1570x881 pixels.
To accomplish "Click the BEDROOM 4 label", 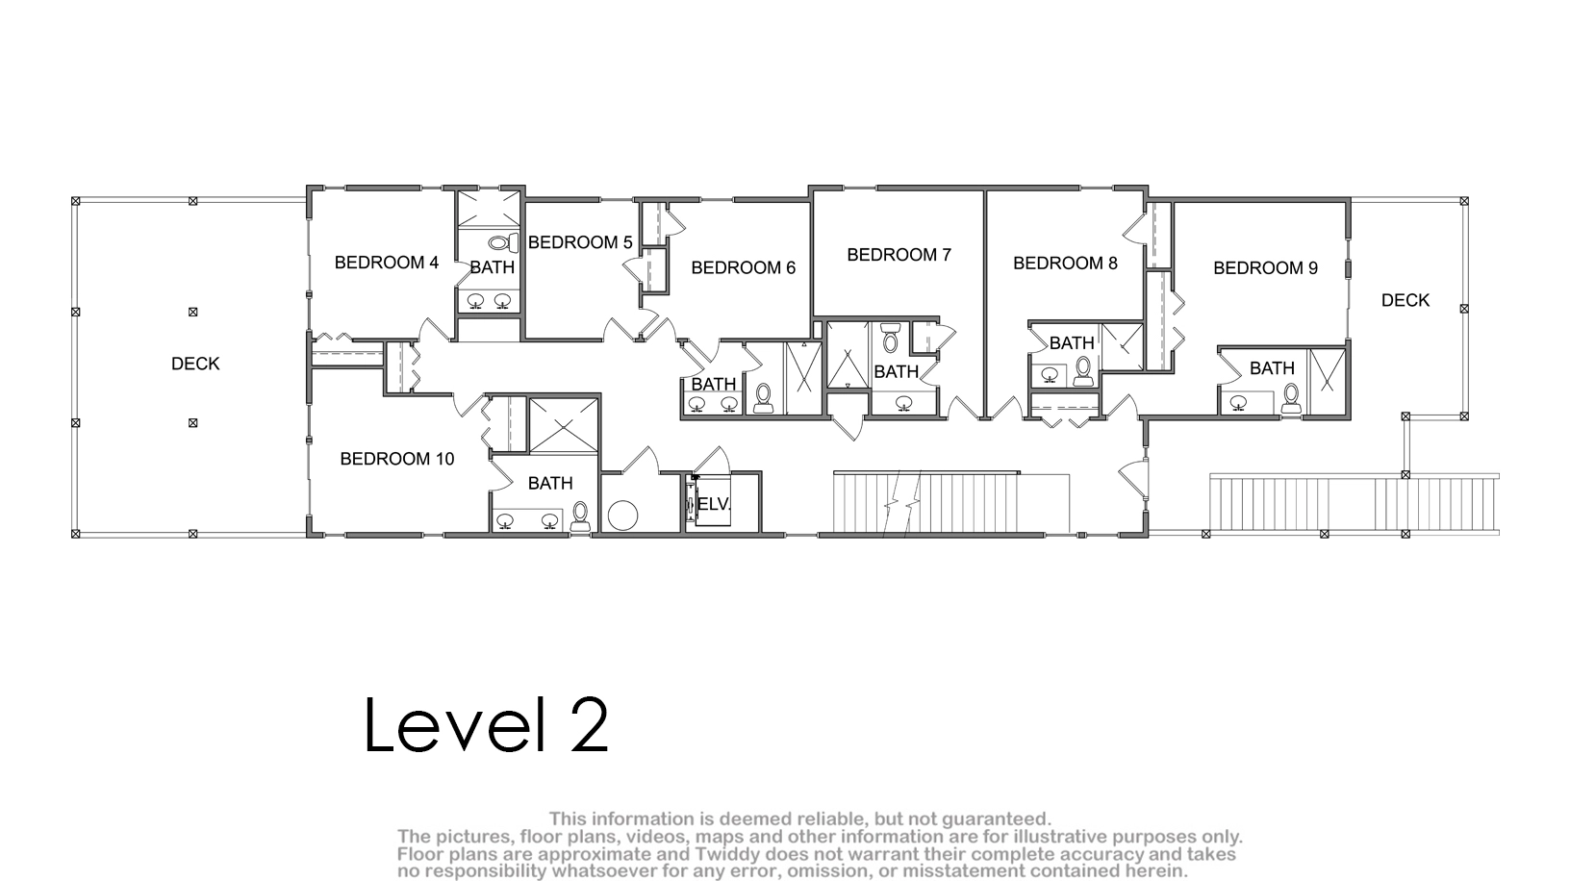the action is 386,263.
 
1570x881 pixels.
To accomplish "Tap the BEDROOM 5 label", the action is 580,242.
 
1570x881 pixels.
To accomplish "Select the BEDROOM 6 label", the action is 744,267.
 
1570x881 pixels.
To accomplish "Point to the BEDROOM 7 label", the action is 899,255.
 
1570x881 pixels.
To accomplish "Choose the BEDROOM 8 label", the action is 1065,264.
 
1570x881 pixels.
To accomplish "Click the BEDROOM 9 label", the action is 1266,268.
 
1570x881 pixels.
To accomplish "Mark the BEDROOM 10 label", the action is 397,459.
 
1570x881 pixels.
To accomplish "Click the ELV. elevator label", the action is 714,504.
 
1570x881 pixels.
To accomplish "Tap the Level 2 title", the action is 487,724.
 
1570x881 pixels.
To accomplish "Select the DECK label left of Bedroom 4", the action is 195,364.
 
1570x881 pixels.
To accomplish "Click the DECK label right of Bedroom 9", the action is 1405,301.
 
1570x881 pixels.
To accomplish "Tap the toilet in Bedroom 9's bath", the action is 1291,399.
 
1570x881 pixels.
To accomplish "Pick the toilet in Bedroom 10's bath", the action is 580,516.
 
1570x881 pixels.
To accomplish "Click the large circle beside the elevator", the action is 622,516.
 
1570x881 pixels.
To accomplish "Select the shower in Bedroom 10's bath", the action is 564,425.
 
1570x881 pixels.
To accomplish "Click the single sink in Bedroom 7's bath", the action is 904,402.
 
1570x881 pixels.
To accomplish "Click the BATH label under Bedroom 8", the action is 1072,343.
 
